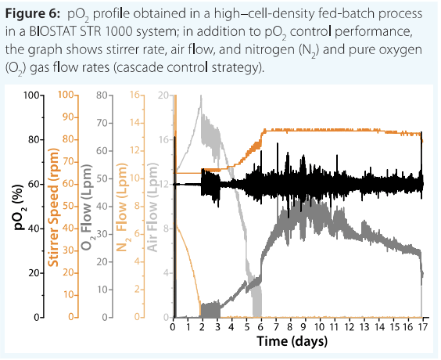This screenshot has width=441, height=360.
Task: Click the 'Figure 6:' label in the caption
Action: tap(33, 13)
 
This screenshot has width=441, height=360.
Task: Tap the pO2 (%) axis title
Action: tap(20, 207)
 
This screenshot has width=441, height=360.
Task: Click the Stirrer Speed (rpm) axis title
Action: tap(53, 207)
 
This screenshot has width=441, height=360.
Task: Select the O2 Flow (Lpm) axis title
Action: tap(87, 207)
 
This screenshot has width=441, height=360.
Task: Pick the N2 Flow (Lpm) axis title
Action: tap(121, 207)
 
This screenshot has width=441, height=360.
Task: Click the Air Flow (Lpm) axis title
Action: tap(152, 207)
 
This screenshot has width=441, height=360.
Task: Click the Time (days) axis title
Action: tap(292, 341)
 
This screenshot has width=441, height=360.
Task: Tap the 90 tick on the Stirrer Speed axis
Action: tap(68, 117)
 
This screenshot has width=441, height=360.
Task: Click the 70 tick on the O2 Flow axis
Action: tap(102, 123)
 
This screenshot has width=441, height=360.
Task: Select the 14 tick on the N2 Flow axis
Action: tap(136, 123)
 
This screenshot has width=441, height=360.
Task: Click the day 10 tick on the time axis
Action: tap(319, 327)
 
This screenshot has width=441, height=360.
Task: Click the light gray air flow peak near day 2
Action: tap(201, 96)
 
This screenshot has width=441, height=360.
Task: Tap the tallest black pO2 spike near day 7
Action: tap(278, 143)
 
